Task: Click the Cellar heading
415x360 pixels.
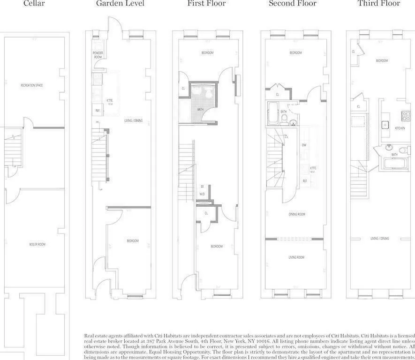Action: [x=34, y=4]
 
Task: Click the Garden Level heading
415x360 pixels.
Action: [x=120, y=4]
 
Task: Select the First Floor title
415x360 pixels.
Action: [x=206, y=4]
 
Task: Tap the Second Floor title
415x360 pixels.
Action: [x=293, y=4]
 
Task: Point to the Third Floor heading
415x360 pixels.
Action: [x=378, y=4]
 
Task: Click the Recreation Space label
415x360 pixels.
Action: [x=32, y=85]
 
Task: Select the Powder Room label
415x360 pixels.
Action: [x=98, y=55]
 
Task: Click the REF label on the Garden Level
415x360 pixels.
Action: [x=98, y=111]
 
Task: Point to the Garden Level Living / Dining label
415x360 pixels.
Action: [x=134, y=121]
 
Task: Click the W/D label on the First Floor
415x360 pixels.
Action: [x=203, y=193]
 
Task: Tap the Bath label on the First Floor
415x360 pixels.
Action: [x=200, y=110]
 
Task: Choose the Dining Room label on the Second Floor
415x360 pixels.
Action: [x=297, y=214]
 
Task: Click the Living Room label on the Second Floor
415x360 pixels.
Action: [x=296, y=257]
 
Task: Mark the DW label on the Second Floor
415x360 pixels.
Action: [x=304, y=145]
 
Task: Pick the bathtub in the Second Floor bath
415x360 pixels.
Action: [x=273, y=113]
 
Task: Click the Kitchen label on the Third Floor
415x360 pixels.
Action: [x=400, y=128]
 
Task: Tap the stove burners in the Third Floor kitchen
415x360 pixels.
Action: [x=403, y=114]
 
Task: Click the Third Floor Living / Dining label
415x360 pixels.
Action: [x=380, y=239]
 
